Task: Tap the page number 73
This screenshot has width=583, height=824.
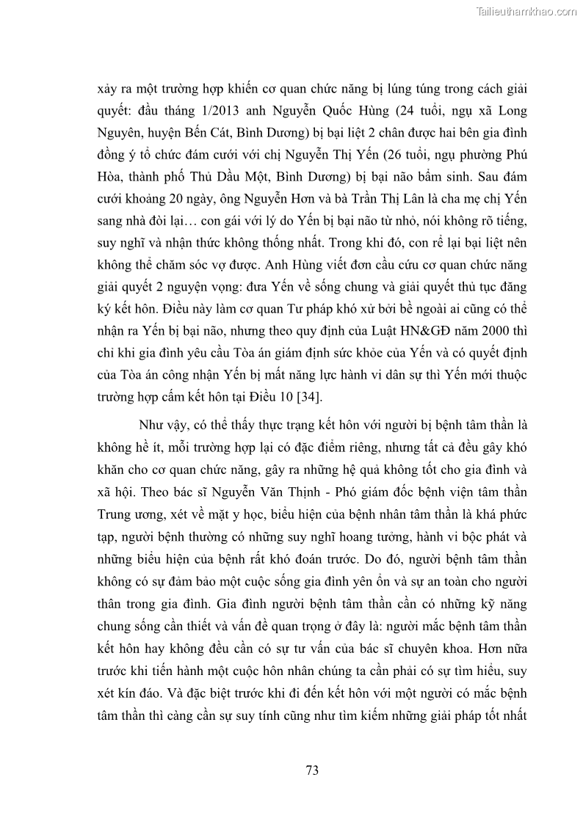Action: (311, 770)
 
